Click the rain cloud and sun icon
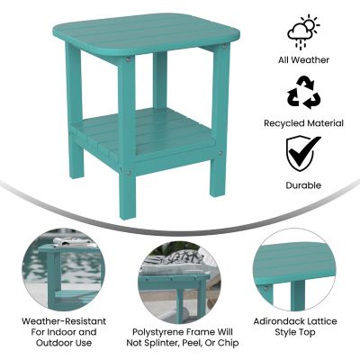coord(303,31)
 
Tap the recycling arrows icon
coord(303,93)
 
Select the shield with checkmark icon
coord(303,154)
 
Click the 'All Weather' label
coord(303,60)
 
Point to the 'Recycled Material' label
coord(303,121)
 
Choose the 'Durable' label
coord(303,184)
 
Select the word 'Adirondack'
coord(278,319)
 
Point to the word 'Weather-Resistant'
coord(65,319)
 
